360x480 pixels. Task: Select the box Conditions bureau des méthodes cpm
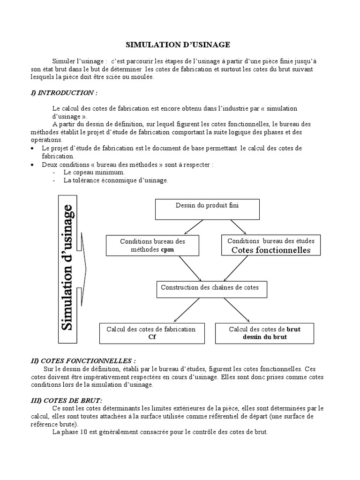point(152,246)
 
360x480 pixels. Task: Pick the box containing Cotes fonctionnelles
point(271,246)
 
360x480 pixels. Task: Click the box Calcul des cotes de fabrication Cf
point(151,333)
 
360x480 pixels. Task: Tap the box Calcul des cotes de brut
point(264,333)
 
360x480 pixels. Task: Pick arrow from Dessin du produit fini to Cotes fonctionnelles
point(239,226)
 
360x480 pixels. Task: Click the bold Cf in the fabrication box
point(151,337)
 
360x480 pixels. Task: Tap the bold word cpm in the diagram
point(167,250)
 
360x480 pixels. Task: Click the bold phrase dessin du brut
point(265,337)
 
